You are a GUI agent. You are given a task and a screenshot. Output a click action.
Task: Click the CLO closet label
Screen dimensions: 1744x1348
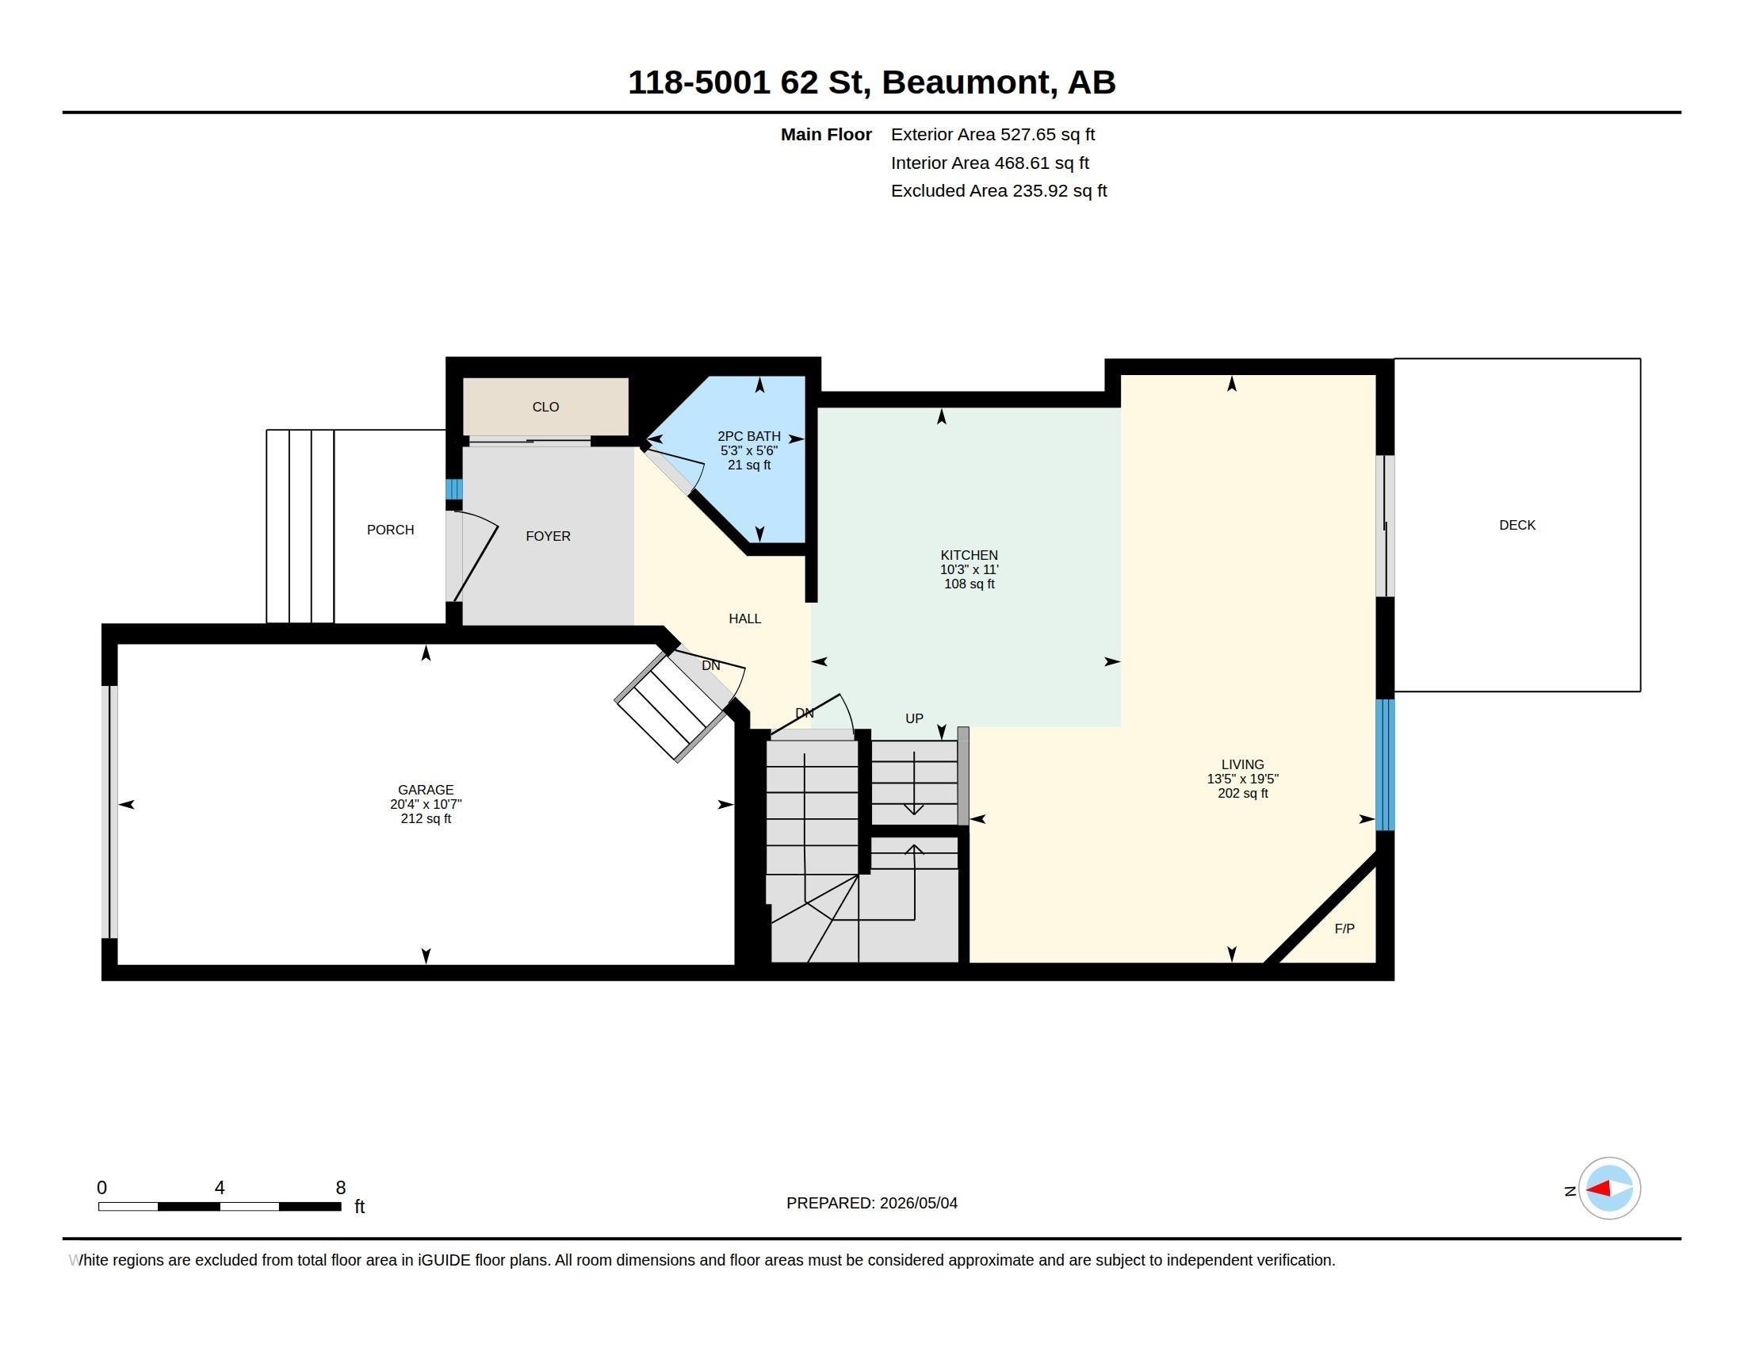pyautogui.click(x=545, y=408)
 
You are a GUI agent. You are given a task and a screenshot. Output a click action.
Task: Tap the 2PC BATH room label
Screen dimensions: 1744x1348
pyautogui.click(x=749, y=436)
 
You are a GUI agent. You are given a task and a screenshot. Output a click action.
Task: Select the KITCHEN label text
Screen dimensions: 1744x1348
pyautogui.click(x=969, y=555)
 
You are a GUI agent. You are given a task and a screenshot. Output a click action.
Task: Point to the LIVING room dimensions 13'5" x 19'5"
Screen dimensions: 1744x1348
pyautogui.click(x=1242, y=779)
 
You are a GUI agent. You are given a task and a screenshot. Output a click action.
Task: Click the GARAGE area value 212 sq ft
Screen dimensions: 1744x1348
pyautogui.click(x=426, y=818)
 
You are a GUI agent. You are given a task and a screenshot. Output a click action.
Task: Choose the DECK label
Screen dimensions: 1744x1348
pyautogui.click(x=1517, y=526)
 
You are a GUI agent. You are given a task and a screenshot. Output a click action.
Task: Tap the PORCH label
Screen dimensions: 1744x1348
pyautogui.click(x=391, y=530)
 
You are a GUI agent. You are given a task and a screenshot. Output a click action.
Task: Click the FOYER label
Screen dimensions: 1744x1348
pyautogui.click(x=548, y=537)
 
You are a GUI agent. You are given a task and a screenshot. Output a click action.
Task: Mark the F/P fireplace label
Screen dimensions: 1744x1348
pyautogui.click(x=1344, y=929)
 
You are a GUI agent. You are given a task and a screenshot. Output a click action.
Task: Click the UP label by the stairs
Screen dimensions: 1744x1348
pyautogui.click(x=914, y=718)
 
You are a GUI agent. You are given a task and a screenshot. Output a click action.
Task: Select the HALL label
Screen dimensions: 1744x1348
pyautogui.click(x=745, y=619)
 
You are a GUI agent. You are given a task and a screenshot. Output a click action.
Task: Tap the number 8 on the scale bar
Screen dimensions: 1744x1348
pyautogui.click(x=341, y=1188)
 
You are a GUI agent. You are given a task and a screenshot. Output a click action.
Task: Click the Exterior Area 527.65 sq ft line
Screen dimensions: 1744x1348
pyautogui.click(x=992, y=135)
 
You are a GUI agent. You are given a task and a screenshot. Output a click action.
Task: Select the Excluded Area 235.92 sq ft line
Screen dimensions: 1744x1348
pyautogui.click(x=999, y=191)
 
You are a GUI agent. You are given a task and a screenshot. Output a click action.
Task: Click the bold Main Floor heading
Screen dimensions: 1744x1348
pyautogui.click(x=826, y=135)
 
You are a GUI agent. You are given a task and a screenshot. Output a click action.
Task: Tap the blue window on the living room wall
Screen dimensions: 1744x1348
pyautogui.click(x=1386, y=765)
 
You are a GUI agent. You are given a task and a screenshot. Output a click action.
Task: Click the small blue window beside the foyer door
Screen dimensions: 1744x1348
pyautogui.click(x=453, y=488)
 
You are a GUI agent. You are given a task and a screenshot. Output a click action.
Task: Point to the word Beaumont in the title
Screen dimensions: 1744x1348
pyautogui.click(x=966, y=82)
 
